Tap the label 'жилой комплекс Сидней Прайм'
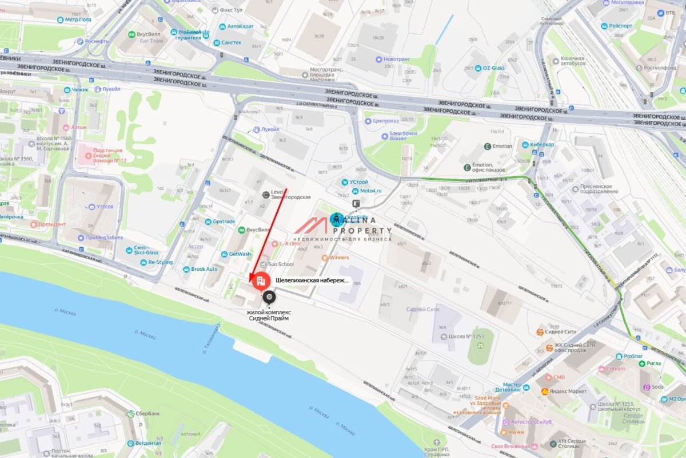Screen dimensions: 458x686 tap(269, 315)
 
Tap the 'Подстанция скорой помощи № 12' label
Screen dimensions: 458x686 tap(105, 155)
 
